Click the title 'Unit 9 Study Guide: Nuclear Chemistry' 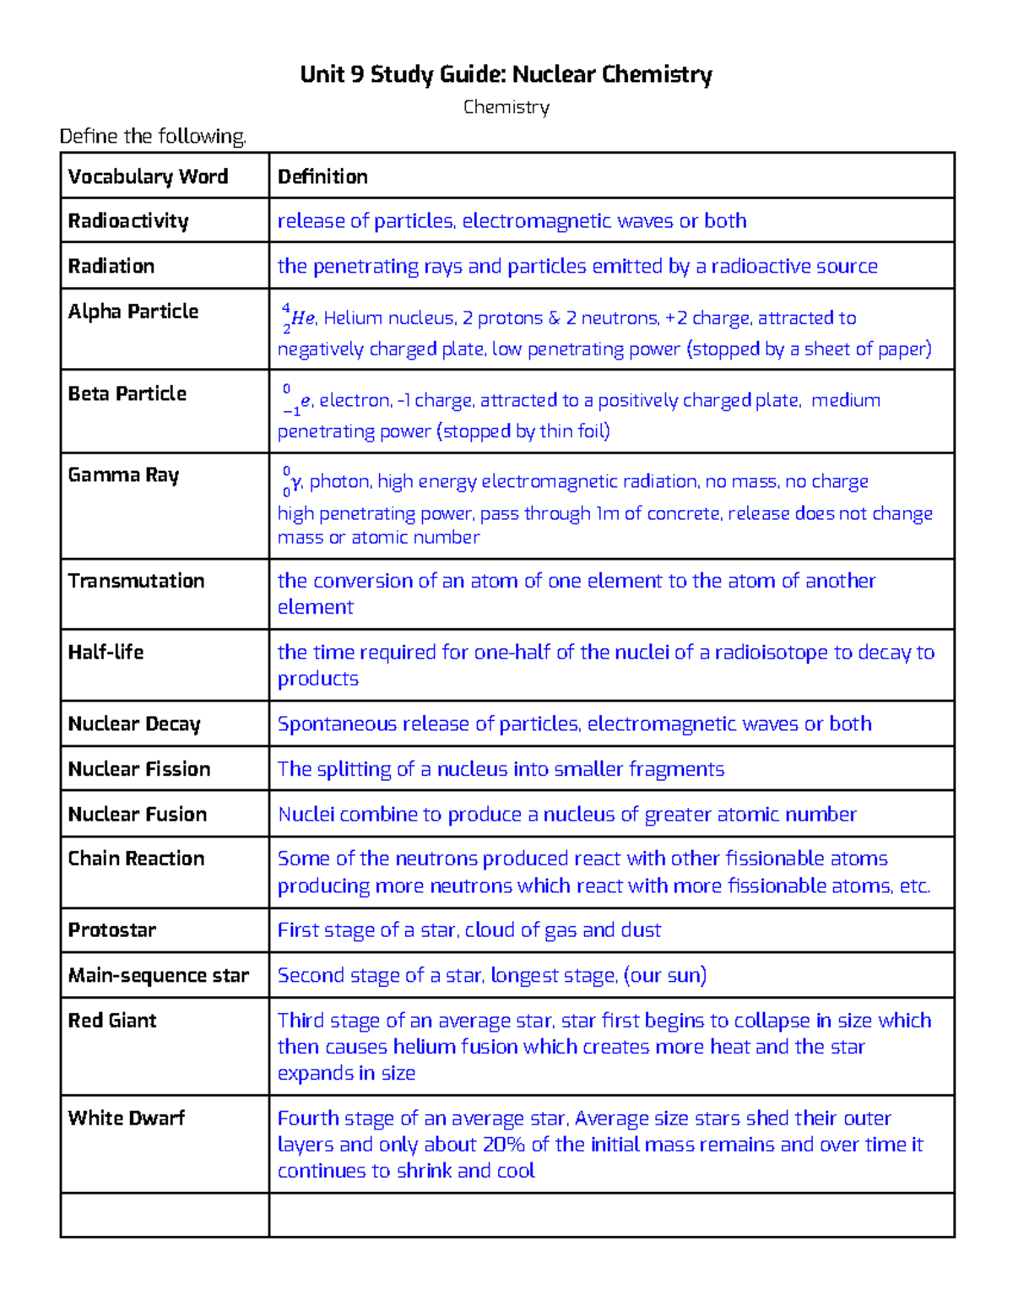coord(506,75)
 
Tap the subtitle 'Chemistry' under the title coord(506,107)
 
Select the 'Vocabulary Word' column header coord(148,176)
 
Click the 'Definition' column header coord(322,176)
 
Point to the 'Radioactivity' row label coord(128,221)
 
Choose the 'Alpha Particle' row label coord(133,311)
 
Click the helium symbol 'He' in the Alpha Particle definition coord(302,318)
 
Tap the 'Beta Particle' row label coord(127,393)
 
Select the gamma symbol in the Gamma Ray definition coord(295,482)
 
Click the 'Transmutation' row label coord(136,581)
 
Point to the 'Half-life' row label coord(106,652)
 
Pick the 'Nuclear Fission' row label coord(139,769)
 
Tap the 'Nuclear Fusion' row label coord(138,814)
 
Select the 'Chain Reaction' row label coord(136,859)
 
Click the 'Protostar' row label coord(112,930)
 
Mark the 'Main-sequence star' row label coord(159,976)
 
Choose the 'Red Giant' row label coord(112,1021)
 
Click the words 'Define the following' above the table coord(153,137)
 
